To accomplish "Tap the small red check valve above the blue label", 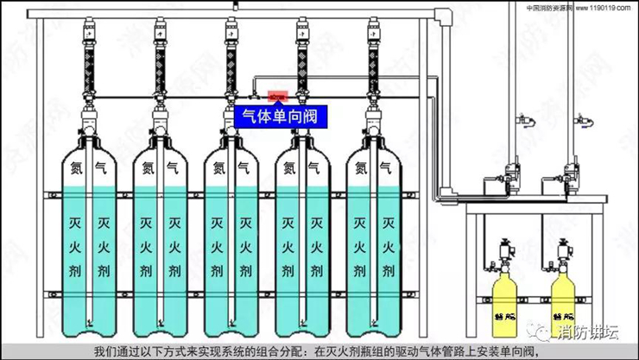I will pyautogui.click(x=277, y=96).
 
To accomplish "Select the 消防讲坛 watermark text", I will pyautogui.click(x=588, y=331).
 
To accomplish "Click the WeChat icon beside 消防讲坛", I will pyautogui.click(x=544, y=331).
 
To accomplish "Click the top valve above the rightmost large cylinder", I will pyautogui.click(x=372, y=35).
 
